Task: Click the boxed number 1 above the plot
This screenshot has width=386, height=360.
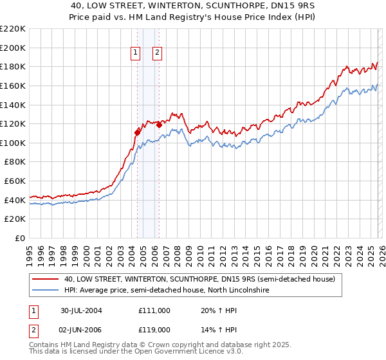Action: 136,53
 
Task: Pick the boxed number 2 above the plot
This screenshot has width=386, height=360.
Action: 157,53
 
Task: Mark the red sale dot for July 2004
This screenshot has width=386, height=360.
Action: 137,132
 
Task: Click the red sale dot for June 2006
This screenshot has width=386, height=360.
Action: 159,125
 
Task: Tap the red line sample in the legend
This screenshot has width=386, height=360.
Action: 45,280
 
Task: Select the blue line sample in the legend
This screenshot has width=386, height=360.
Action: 45,291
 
